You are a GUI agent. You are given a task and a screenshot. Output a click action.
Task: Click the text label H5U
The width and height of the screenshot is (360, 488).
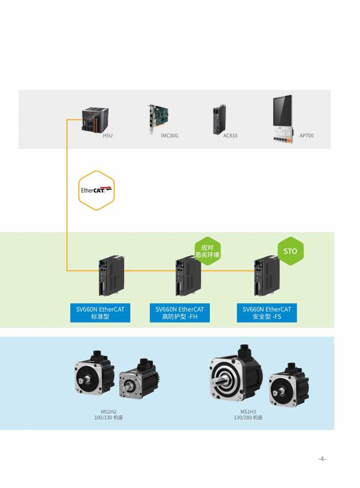point(108,135)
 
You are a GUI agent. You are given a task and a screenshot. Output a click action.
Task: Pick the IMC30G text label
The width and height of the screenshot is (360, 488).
point(170,135)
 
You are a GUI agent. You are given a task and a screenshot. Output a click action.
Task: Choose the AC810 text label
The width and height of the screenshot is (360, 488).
point(230,135)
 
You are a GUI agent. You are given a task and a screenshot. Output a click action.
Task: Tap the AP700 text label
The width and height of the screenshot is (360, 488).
point(306,135)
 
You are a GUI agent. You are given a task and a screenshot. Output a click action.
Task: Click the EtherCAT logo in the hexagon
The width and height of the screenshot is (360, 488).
point(97,190)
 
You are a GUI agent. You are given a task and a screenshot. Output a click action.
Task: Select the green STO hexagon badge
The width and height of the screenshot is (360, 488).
point(290,251)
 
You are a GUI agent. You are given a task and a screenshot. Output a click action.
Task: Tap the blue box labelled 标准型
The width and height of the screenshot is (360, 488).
point(100,313)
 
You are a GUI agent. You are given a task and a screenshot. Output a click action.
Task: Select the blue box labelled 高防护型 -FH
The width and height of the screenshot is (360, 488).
point(180,313)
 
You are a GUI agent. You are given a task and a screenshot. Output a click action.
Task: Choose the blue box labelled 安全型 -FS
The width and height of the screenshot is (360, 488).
point(267,313)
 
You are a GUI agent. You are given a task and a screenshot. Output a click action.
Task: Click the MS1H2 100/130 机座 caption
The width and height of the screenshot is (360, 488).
point(108,415)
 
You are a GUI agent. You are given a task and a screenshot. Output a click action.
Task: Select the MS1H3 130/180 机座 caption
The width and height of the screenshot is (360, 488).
point(248,415)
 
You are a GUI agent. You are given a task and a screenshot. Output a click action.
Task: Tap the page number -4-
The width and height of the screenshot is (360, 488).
point(322,459)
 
